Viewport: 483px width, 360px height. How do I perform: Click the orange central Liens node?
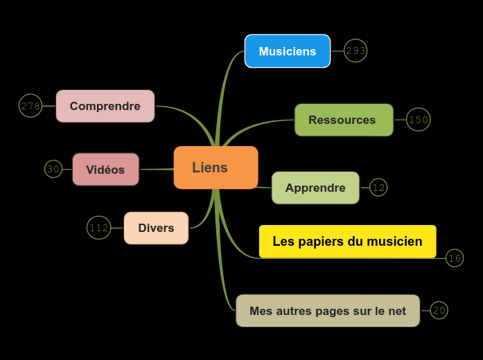[x=216, y=168]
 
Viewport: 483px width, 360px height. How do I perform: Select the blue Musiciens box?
[x=288, y=51]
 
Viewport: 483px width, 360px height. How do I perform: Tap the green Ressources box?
[x=344, y=120]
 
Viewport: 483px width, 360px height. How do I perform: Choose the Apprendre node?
[x=315, y=188]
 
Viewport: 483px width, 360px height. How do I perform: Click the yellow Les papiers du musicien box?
[x=347, y=242]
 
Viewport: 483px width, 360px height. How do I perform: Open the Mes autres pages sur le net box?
[x=328, y=311]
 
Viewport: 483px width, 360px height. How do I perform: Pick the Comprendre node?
[x=105, y=106]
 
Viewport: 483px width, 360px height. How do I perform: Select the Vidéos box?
[x=105, y=170]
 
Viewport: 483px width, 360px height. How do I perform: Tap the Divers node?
[x=156, y=228]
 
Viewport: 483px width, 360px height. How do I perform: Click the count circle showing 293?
[x=355, y=51]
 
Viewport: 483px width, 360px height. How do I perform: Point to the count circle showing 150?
[x=419, y=120]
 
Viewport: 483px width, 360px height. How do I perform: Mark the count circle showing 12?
[x=378, y=188]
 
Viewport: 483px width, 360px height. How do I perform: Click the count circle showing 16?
[x=455, y=258]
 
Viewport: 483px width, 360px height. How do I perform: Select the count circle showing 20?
[x=439, y=310]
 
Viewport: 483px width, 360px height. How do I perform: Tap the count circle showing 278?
[x=30, y=106]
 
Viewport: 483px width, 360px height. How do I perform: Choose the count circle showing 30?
[x=53, y=169]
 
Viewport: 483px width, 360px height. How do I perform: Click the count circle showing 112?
[x=99, y=228]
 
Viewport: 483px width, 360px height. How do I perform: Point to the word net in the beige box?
[x=398, y=311]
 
